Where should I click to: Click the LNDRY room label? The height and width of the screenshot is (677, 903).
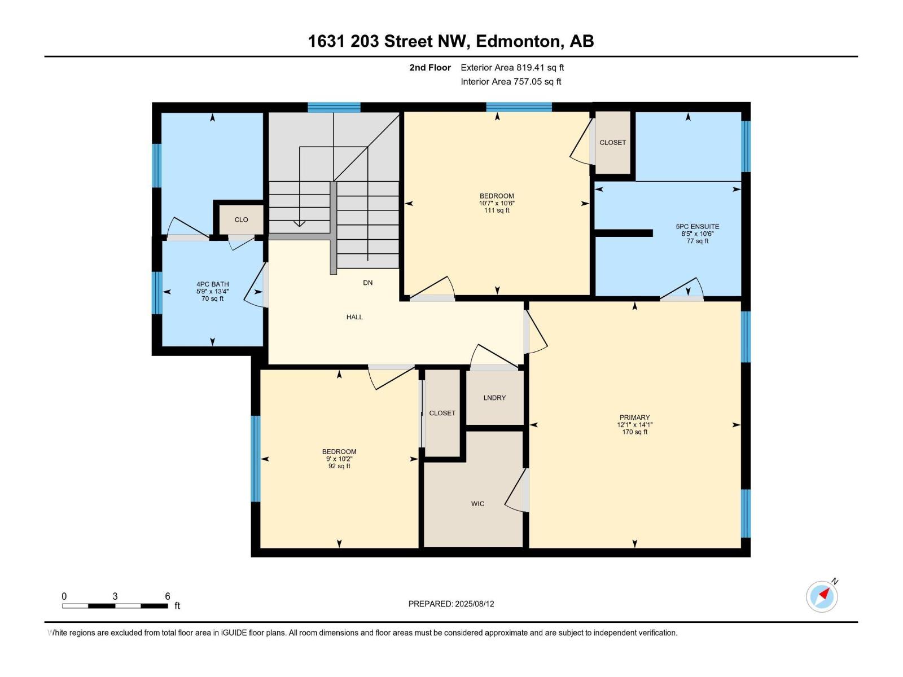point(494,398)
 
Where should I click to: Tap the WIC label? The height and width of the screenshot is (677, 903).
point(477,504)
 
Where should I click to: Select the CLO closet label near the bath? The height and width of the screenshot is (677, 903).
point(241,219)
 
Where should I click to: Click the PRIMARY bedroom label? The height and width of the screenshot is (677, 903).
point(634,417)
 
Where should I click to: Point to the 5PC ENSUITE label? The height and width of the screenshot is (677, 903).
point(698,226)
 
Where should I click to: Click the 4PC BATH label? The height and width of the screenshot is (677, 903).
point(212,284)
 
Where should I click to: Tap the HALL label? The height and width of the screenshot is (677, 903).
point(354,317)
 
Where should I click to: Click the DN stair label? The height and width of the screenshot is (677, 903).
point(367,283)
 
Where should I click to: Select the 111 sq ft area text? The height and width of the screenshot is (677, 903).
point(497,210)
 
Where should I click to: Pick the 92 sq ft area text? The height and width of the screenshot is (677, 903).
point(339,466)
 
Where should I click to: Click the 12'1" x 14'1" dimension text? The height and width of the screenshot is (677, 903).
point(634,425)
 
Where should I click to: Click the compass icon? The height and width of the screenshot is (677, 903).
point(822,596)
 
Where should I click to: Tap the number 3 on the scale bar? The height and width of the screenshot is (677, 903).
point(115,596)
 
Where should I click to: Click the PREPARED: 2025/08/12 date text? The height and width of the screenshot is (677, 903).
point(451,604)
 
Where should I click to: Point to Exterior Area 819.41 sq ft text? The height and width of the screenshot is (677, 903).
point(512,67)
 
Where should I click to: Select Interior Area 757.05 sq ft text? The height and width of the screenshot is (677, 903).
point(511,81)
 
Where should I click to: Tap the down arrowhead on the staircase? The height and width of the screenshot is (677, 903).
point(299,223)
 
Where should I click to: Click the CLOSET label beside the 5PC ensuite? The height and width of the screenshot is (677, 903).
point(612,142)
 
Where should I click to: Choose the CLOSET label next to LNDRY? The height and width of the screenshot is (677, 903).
point(442,413)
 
